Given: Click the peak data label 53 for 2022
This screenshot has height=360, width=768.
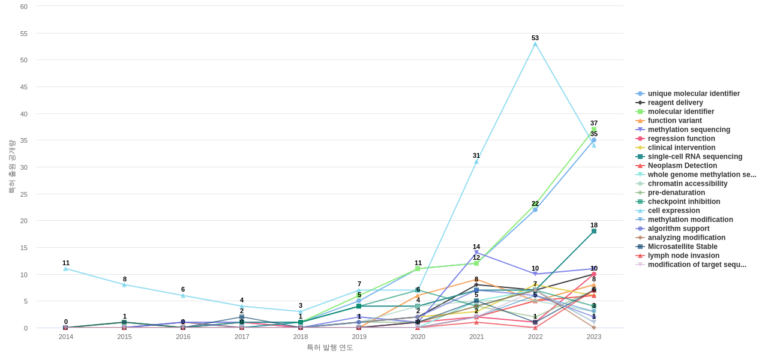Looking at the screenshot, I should click(535, 38).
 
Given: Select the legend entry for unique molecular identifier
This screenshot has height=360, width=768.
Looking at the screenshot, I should click(694, 94).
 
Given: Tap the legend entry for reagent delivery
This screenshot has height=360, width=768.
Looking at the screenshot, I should click(675, 103).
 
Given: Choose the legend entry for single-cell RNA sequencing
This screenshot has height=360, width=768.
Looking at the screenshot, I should click(695, 157).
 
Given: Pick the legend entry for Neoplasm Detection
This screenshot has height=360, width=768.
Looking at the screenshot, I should click(682, 166).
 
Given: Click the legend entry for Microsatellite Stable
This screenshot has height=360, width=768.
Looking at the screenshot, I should click(682, 247).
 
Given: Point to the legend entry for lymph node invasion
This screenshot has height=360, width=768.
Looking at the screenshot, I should click(683, 256).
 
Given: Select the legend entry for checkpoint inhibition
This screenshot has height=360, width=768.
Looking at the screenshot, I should click(684, 202).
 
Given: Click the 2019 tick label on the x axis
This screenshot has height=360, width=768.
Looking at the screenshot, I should click(359, 337).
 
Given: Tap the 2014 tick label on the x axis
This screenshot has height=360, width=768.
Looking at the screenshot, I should click(66, 337).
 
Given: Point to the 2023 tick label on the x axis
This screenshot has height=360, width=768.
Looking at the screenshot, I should click(594, 337).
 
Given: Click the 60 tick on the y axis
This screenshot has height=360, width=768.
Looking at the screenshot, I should click(24, 7).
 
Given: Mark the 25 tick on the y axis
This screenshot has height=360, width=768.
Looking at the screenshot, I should click(24, 194).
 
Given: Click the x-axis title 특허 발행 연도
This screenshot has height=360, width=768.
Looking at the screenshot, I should click(330, 347).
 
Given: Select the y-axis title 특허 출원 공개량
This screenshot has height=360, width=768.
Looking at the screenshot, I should click(11, 167).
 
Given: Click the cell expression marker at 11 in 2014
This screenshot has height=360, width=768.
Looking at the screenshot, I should click(66, 269).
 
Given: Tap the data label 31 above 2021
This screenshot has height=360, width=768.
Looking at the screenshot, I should click(476, 155).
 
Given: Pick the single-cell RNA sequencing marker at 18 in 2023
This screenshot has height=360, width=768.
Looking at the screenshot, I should click(594, 231).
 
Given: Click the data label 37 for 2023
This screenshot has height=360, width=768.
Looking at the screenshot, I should click(594, 123).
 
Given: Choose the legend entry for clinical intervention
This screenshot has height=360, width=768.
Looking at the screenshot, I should click(682, 148).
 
